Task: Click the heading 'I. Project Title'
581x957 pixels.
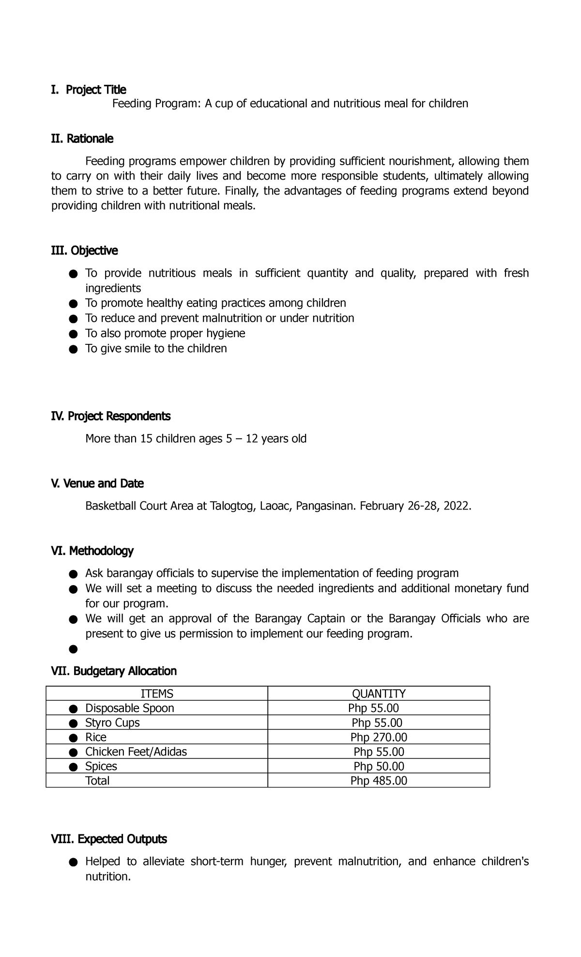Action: (89, 90)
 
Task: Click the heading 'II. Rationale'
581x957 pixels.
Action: (82, 139)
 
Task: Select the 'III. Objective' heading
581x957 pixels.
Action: (84, 251)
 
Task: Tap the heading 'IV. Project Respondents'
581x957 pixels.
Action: (111, 416)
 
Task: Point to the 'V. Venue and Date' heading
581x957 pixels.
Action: (97, 483)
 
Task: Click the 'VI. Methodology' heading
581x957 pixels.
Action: (92, 551)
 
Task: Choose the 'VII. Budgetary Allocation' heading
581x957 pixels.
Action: (114, 671)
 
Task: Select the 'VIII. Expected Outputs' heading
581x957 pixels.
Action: (109, 839)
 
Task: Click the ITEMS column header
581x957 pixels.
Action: (156, 694)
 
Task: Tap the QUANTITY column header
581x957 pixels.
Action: (379, 694)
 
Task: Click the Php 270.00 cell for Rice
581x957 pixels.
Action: (379, 737)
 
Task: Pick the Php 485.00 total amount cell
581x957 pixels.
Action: (379, 781)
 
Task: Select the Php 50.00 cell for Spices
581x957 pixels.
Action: (379, 766)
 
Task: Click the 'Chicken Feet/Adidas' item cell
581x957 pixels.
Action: (136, 752)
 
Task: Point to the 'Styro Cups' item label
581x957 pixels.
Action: (112, 723)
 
